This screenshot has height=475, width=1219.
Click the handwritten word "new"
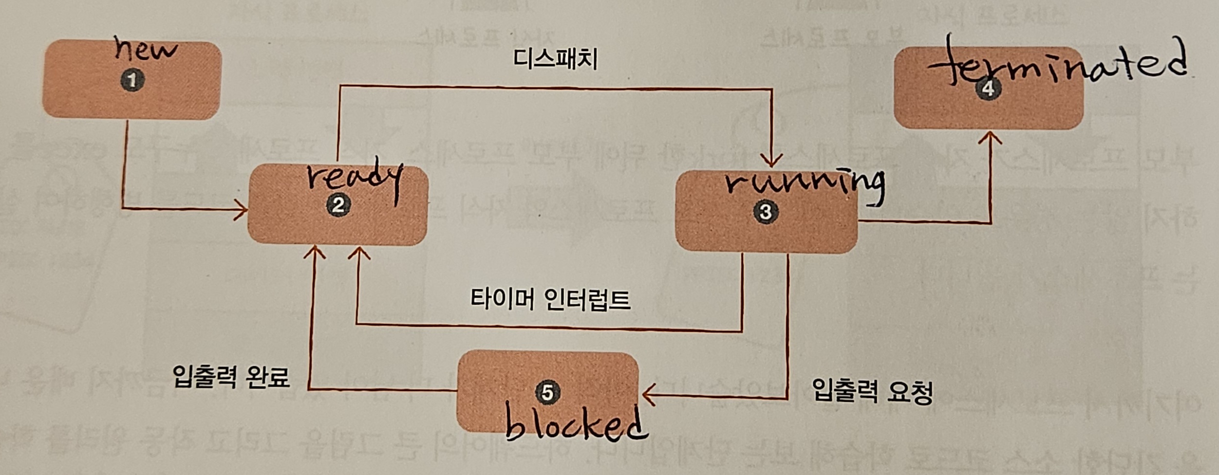click(x=146, y=50)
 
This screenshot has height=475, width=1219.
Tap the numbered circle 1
click(x=132, y=80)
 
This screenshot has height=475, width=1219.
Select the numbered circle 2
click(x=338, y=205)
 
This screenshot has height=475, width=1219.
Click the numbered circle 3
click(x=765, y=212)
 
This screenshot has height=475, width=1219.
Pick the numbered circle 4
click(x=988, y=89)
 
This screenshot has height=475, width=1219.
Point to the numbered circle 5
click(x=547, y=392)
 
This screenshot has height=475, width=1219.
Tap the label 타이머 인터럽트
click(x=550, y=300)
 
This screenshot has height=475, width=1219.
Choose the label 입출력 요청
click(x=872, y=391)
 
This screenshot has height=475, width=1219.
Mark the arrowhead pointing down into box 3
click(x=771, y=161)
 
